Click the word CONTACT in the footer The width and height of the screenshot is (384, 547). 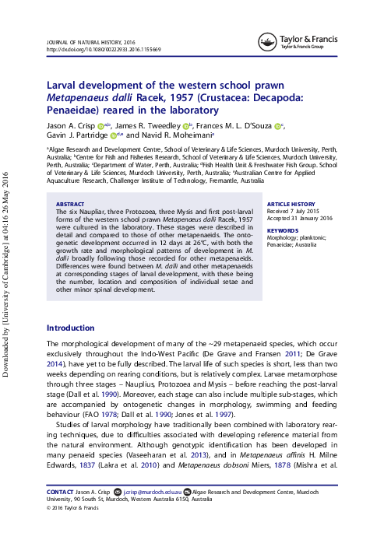click(60, 493)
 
